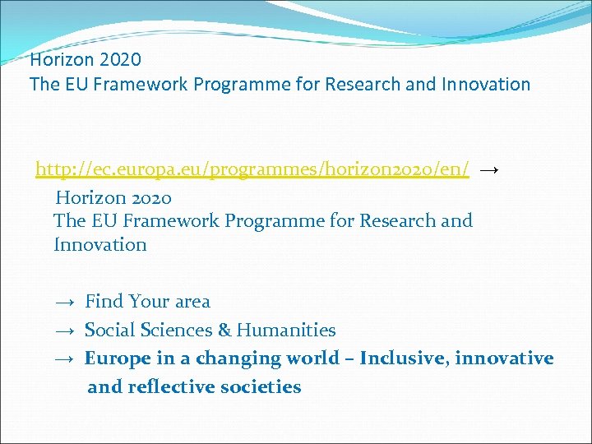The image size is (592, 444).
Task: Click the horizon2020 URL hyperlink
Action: (x=252, y=169)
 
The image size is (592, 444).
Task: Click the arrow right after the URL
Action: (x=488, y=169)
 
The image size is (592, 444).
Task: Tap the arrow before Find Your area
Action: (x=67, y=302)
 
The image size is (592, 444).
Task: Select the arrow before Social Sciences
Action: (x=67, y=331)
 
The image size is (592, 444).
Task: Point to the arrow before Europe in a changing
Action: (x=67, y=358)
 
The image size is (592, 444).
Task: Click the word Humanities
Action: (x=286, y=331)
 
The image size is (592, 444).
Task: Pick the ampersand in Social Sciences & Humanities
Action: (x=224, y=331)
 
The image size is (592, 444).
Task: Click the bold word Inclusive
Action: (x=403, y=358)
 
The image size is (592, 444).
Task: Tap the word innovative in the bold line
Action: (x=504, y=358)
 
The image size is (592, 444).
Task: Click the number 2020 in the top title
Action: (x=119, y=59)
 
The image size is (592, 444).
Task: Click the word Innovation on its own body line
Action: (x=99, y=245)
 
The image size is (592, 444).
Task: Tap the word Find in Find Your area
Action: (x=104, y=302)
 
